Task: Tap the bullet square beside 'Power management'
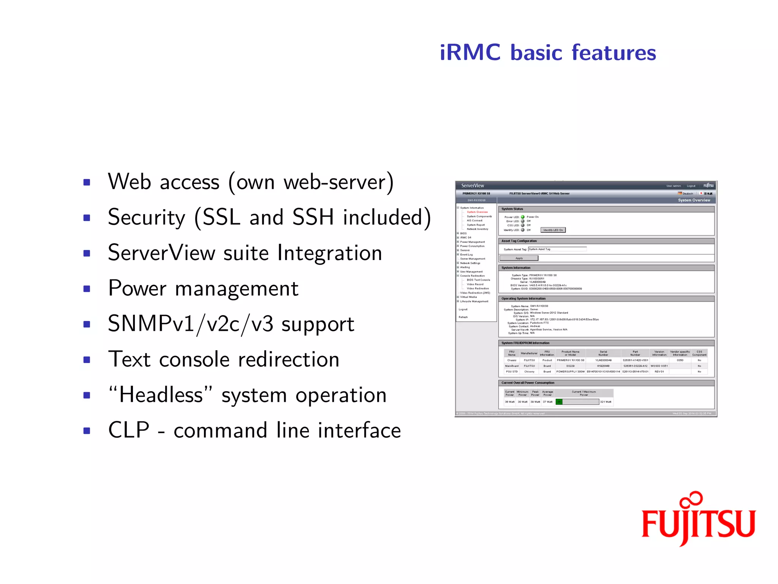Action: tap(87, 289)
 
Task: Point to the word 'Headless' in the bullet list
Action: tap(161, 395)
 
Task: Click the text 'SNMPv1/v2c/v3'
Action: tap(190, 324)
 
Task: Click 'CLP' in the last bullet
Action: tap(129, 430)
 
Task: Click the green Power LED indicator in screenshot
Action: tap(523, 217)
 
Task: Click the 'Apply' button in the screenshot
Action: tap(519, 258)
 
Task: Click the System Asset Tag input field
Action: tap(557, 249)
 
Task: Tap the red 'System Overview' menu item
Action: tap(477, 212)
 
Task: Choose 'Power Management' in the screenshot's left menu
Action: tap(472, 242)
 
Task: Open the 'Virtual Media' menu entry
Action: tap(468, 297)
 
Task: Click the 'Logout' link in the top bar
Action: tap(691, 186)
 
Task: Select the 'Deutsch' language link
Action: tap(688, 194)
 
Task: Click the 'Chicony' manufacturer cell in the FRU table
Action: tap(529, 371)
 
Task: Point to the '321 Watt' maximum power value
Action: tap(606, 402)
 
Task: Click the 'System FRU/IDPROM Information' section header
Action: tap(525, 343)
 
